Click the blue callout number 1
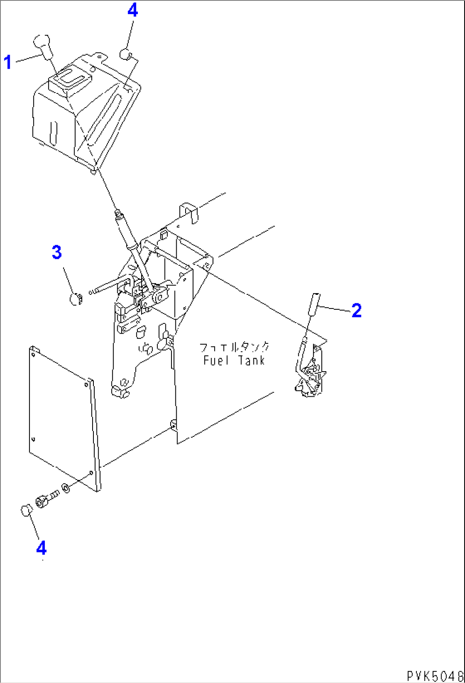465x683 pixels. click(x=8, y=62)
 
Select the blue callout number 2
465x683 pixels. click(x=357, y=311)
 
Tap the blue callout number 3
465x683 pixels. click(x=57, y=253)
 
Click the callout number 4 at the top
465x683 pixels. click(x=133, y=10)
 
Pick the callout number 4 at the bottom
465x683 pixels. click(x=41, y=547)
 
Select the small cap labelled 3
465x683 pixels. click(x=76, y=299)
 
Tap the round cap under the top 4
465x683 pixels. click(x=125, y=54)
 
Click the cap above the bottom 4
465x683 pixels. click(x=26, y=510)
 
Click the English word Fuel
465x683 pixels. click(x=213, y=360)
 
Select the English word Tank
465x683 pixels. click(x=252, y=360)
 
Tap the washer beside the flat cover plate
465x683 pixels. click(x=66, y=488)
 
